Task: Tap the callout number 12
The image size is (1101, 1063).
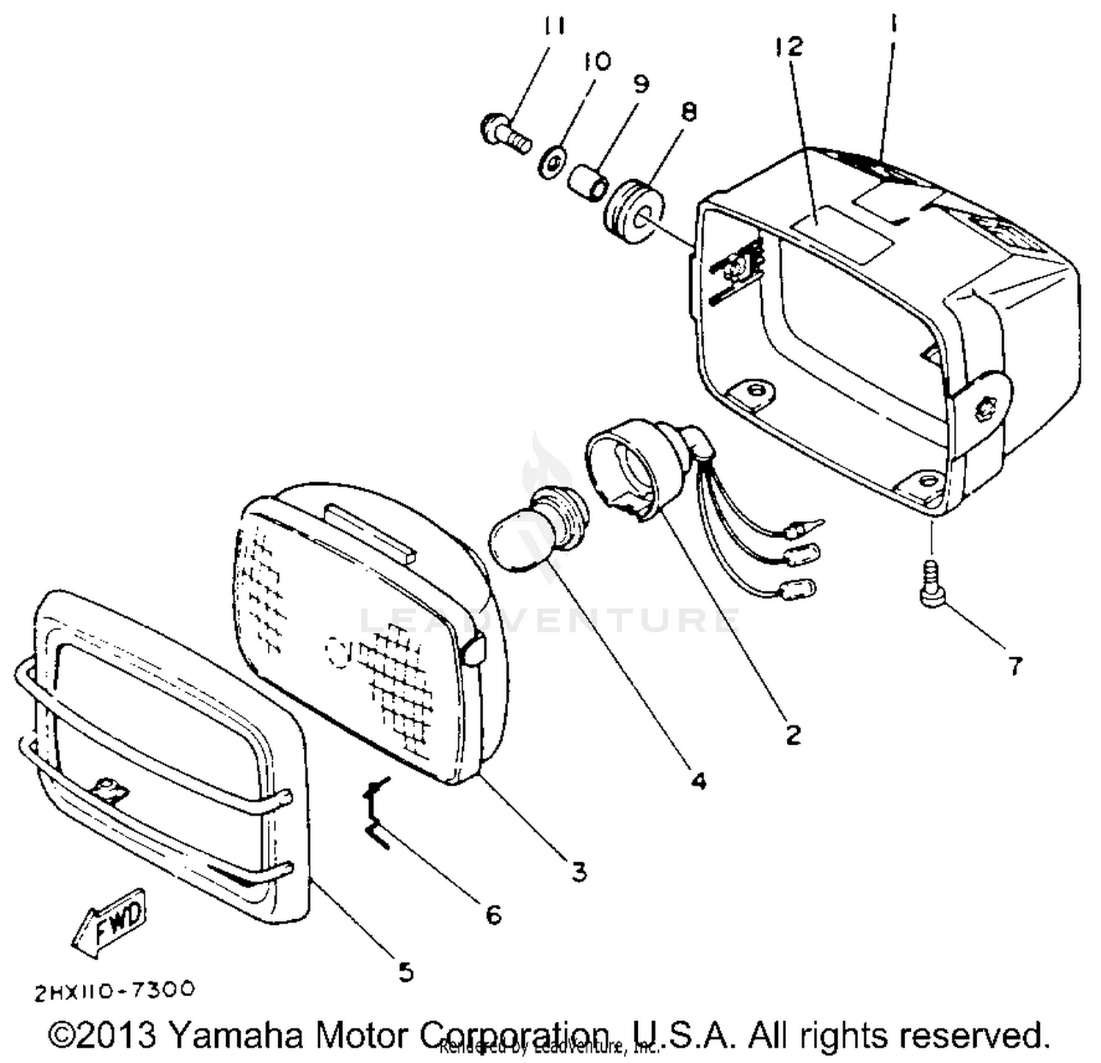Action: [x=789, y=47]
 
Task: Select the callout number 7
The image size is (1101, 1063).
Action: [x=1014, y=666]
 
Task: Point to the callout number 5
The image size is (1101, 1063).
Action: [x=406, y=972]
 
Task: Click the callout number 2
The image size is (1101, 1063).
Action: [x=793, y=733]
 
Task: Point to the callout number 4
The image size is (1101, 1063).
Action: [x=699, y=780]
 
